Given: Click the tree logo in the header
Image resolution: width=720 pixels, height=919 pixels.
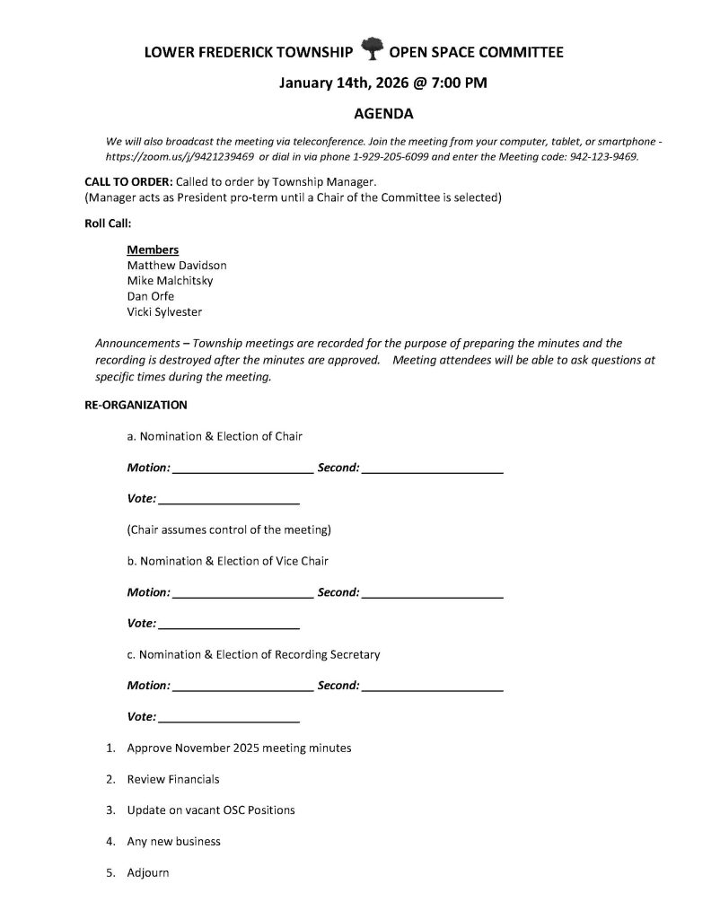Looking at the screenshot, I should (372, 49).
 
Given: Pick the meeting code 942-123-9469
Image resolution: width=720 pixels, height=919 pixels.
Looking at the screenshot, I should (603, 156).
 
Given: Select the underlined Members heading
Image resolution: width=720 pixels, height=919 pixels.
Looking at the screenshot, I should (153, 249).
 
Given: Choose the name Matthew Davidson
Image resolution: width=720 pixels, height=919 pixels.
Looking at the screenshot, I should (177, 266).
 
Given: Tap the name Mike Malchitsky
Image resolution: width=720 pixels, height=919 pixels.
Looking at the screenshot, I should (171, 281).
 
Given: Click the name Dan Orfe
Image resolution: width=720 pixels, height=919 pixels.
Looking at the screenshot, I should (151, 296).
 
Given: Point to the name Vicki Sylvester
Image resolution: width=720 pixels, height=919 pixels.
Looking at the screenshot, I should (164, 311).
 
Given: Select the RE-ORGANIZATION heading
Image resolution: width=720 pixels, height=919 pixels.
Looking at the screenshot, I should (136, 405).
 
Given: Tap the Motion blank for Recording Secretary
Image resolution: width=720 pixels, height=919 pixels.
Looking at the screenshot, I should (241, 687).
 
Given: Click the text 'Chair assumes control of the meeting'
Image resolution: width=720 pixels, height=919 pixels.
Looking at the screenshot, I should (230, 529).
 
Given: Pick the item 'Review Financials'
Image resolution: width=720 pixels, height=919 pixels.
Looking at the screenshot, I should (173, 779).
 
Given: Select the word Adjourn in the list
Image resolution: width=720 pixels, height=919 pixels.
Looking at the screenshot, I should (148, 872).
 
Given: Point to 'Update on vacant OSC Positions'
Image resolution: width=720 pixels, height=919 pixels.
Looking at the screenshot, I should (211, 810).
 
